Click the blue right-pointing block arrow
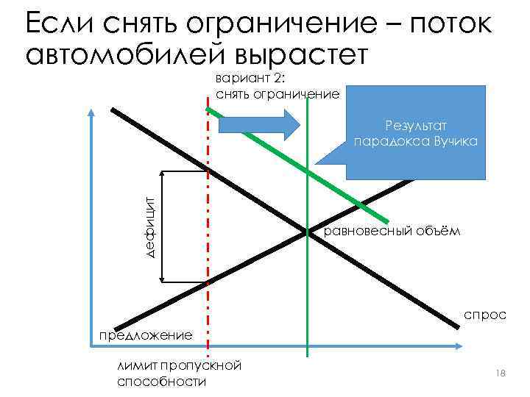click(257, 124)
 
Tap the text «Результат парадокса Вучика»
click(416, 134)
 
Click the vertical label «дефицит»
click(149, 226)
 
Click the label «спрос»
click(485, 315)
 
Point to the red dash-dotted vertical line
click(209, 309)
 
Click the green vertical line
click(308, 309)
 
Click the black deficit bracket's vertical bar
click(163, 226)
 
